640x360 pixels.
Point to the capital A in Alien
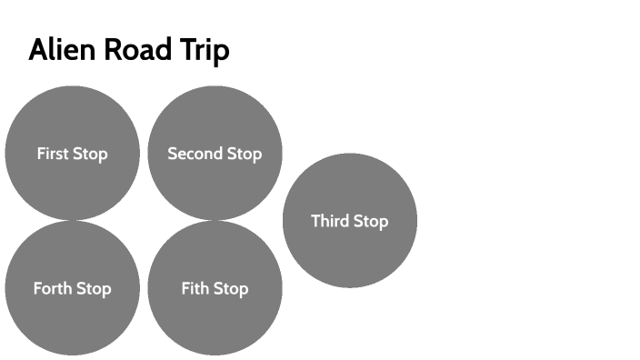point(38,50)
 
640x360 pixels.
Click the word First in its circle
point(53,154)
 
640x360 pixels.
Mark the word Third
point(330,221)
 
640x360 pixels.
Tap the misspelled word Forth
point(52,289)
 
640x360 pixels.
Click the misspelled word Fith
point(195,289)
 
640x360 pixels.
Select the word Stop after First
point(90,154)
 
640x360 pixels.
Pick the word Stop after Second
point(244,154)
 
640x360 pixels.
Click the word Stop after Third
point(370,221)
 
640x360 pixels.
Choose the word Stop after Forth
point(93,289)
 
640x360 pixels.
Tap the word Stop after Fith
point(230,289)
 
